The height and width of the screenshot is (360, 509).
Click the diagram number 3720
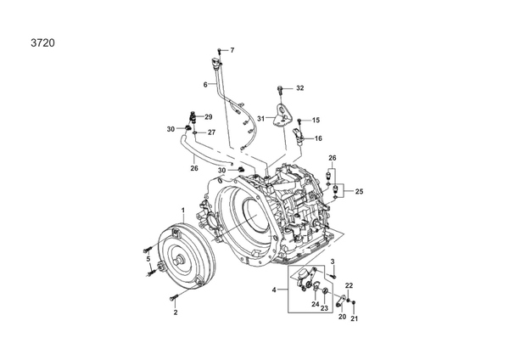(x=43, y=43)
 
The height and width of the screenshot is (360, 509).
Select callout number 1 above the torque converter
(x=183, y=211)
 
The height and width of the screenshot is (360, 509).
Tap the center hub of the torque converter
(x=179, y=260)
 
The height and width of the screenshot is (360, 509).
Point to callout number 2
(x=176, y=312)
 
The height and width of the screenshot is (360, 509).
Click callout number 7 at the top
(x=232, y=50)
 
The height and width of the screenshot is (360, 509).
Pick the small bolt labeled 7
(x=220, y=51)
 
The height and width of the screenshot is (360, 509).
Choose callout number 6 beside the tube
(x=205, y=85)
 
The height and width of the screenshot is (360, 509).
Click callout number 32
(x=300, y=88)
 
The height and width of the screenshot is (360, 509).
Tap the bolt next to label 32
(x=280, y=89)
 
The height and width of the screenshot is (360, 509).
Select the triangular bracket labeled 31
(x=281, y=115)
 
